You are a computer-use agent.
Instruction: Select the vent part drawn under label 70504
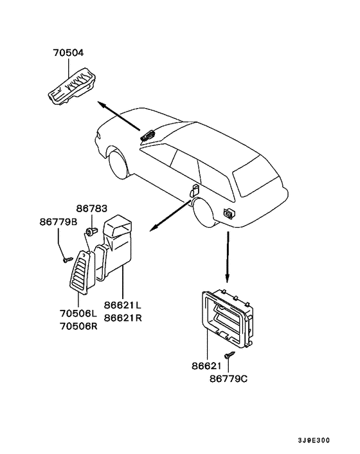74,86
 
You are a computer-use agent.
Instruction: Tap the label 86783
91,209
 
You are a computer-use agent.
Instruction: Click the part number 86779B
58,222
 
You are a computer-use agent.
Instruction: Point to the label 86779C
228,379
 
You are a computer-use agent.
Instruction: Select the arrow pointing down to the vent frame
228,257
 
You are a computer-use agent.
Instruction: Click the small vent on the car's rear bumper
228,213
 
